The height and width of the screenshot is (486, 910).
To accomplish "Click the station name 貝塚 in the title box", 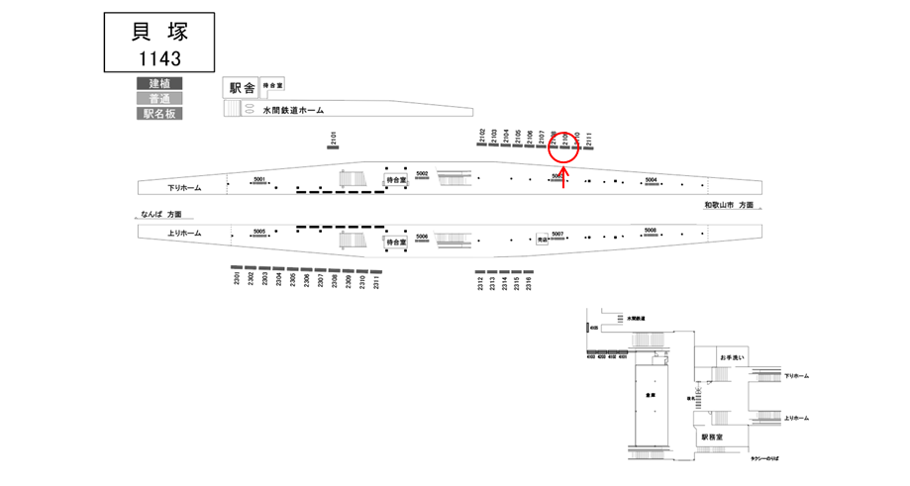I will point(158,31).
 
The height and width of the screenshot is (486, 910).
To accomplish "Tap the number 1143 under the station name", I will point(158,57).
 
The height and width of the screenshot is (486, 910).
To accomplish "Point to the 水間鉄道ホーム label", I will point(294,111).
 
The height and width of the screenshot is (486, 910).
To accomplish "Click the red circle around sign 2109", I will point(563,147).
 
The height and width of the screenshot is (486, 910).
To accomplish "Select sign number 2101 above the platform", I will point(334,140).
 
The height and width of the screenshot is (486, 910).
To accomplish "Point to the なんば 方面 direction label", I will point(162,214).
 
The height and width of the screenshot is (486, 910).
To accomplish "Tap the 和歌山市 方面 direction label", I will point(728,205).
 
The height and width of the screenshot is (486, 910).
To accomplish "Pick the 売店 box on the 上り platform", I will point(542,239).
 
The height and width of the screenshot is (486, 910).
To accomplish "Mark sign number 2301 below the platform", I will point(238,280).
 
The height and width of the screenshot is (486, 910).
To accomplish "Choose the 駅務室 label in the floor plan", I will point(713,437).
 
